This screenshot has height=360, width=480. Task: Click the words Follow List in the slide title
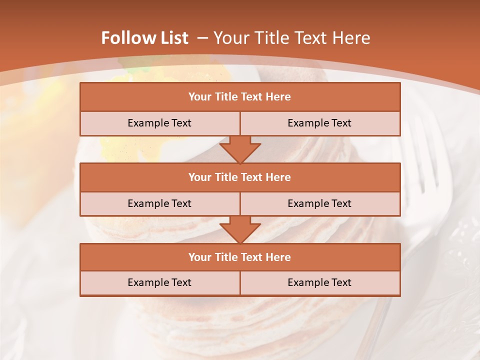[x=144, y=38]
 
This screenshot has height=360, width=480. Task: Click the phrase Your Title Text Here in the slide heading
[x=292, y=38]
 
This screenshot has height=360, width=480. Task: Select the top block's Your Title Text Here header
[x=239, y=97]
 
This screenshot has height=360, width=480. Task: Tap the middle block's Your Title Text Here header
[x=239, y=177]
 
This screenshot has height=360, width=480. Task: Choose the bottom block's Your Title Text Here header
[x=239, y=257]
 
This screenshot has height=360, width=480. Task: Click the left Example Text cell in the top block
[x=159, y=123]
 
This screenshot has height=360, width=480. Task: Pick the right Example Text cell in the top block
[x=319, y=123]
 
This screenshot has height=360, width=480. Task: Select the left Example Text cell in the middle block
[x=159, y=203]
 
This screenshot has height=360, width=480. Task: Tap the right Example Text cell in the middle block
[x=319, y=203]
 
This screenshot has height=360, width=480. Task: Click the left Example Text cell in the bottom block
[x=159, y=282]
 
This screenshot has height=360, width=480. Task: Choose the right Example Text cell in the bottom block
[x=319, y=282]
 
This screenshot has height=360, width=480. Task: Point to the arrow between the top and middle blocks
[x=240, y=149]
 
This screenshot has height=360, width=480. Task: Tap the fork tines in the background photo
[x=425, y=160]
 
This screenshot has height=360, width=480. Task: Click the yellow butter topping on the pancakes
[x=120, y=145]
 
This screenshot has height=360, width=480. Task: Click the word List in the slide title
[x=174, y=38]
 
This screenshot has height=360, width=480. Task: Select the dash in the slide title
[x=202, y=38]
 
